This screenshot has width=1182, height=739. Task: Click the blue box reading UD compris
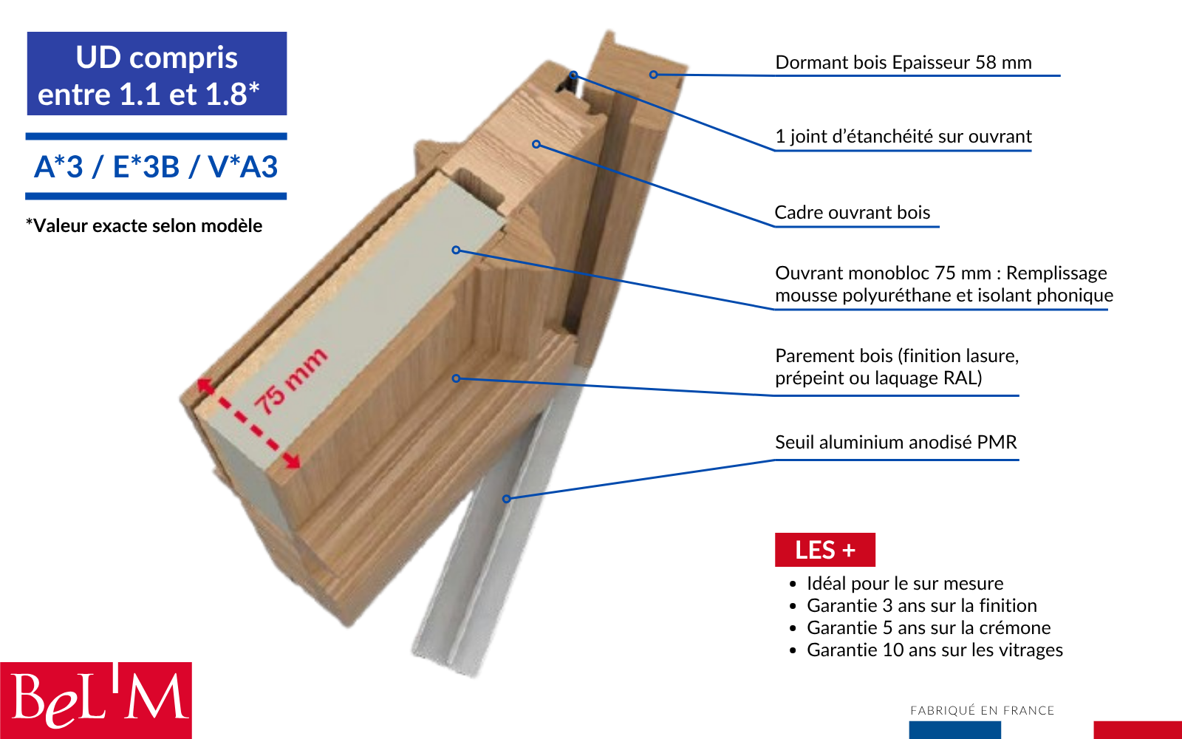(157, 73)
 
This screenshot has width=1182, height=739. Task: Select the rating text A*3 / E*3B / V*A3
(156, 167)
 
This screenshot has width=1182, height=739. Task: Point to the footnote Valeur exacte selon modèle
(144, 226)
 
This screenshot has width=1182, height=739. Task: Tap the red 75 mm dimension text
(291, 381)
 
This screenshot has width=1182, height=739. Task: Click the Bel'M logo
(95, 701)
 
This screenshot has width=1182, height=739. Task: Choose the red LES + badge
(824, 550)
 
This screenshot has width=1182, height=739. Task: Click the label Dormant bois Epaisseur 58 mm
(903, 63)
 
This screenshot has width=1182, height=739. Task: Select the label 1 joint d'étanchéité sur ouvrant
(903, 137)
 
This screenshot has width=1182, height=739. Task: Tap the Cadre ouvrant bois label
(853, 213)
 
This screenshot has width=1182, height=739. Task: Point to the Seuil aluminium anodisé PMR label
(895, 443)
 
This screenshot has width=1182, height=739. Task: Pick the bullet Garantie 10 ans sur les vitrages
(935, 650)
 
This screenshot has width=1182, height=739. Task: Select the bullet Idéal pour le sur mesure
(905, 583)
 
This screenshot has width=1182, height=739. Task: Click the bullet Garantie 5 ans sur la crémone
(929, 627)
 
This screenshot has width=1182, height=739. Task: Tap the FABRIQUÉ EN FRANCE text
(982, 710)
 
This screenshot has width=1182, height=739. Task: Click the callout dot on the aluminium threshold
(506, 499)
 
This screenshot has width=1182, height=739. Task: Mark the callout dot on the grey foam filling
(456, 250)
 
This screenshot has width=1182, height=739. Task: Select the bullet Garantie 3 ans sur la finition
(922, 605)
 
